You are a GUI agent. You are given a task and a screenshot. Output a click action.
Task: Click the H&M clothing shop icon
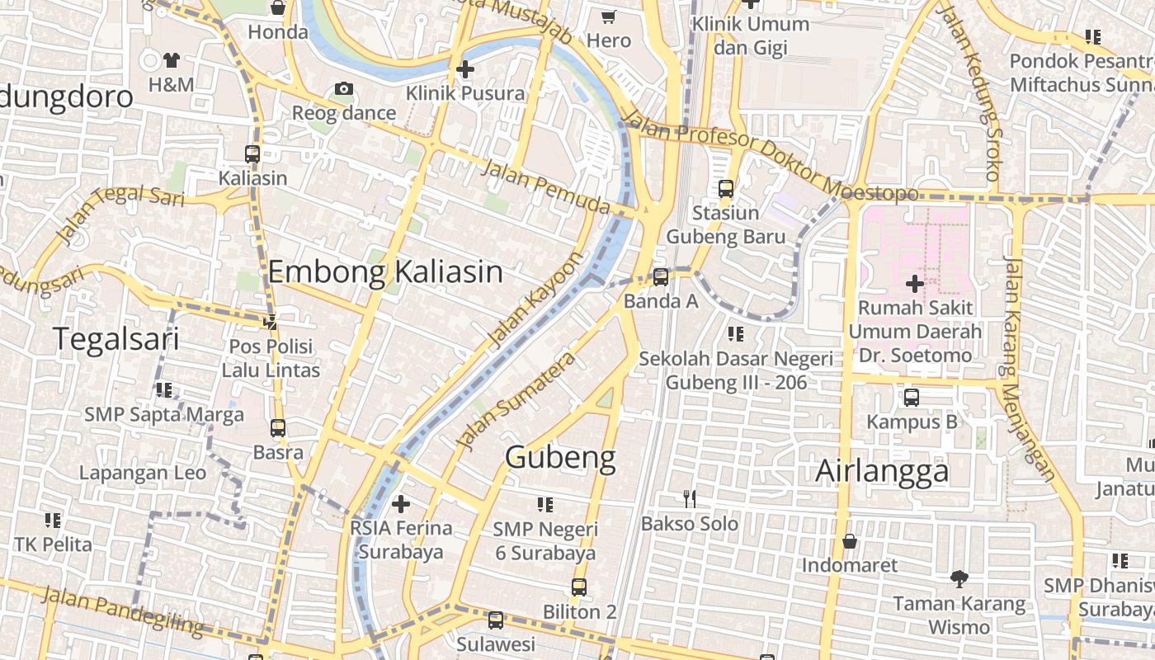pos(172,60)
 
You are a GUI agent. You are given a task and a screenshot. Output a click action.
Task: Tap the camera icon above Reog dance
pos(344,89)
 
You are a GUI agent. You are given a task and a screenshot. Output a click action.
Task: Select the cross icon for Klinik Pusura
pos(464,69)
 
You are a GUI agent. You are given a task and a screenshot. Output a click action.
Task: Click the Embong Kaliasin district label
pos(385,271)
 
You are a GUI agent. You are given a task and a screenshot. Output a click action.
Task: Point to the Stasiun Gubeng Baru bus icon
pos(726,189)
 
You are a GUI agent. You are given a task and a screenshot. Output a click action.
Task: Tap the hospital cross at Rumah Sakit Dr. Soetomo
pos(914,284)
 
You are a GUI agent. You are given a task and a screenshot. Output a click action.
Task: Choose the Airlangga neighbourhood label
pos(882,471)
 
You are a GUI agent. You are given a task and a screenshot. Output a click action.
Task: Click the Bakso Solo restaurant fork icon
pos(690,498)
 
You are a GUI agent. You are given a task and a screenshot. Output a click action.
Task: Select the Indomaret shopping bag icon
pos(849,541)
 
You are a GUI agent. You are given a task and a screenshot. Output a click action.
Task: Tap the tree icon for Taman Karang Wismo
pos(959,579)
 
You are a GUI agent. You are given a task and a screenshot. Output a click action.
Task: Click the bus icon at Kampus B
pos(911,398)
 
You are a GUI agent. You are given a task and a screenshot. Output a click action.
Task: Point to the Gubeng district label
pos(560,457)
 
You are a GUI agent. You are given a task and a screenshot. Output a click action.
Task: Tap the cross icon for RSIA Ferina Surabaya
pos(401,503)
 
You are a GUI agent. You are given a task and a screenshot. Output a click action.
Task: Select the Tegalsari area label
pos(116,338)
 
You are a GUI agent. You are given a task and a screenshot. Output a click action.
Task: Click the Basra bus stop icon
pos(278,428)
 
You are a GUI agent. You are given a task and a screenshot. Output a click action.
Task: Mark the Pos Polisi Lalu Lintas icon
pos(270,322)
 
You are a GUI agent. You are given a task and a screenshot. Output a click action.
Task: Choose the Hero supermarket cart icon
pos(609,16)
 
